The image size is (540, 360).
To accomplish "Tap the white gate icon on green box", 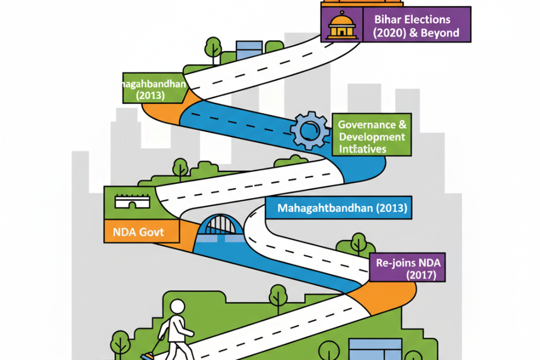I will coord(132,201).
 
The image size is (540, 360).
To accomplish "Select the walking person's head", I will coord(177,308).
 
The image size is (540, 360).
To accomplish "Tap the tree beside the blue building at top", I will coord(213,47).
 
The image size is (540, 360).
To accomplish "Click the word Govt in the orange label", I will coord(152,232).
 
